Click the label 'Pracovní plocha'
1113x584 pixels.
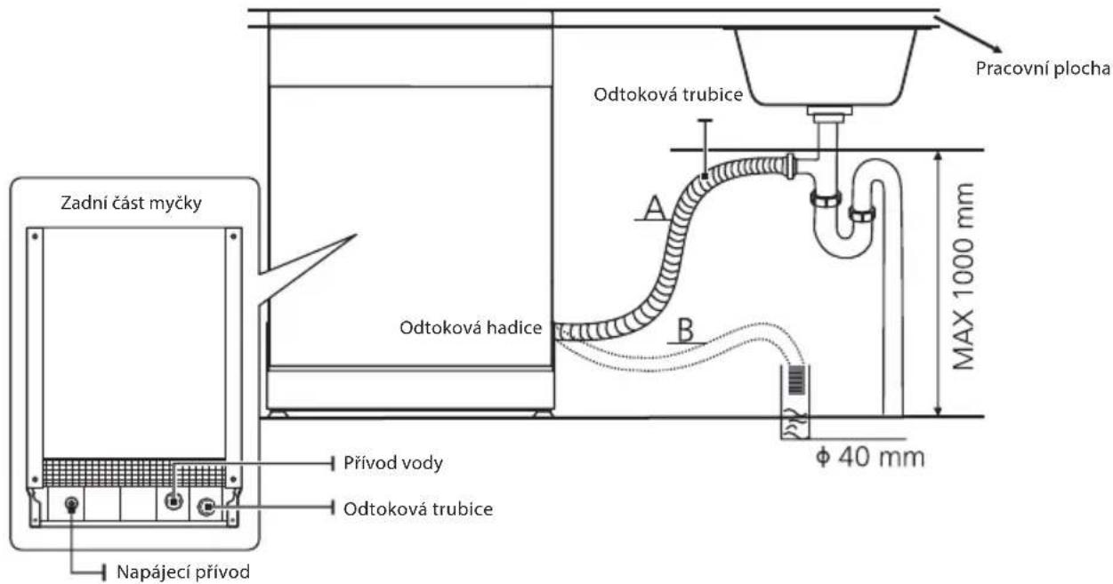1043,68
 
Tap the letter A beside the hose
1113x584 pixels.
655,208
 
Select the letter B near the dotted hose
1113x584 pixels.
686,331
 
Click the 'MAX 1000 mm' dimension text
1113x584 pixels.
964,276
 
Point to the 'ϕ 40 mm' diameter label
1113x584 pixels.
870,457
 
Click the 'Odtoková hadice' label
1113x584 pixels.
471,328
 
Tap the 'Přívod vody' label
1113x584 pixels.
393,463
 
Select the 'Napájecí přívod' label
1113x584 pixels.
183,572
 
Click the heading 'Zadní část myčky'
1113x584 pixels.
131,203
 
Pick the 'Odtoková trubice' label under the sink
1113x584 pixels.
668,94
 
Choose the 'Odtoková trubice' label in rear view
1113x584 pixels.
418,509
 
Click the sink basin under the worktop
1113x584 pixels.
826,67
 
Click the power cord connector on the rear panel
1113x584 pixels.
71,505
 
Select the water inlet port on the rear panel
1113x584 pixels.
173,501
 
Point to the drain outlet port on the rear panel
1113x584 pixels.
206,507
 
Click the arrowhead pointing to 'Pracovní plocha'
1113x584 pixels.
996,48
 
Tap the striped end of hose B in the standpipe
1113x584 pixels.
796,379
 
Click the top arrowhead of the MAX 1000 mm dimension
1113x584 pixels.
938,156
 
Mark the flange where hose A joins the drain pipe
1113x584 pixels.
789,166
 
